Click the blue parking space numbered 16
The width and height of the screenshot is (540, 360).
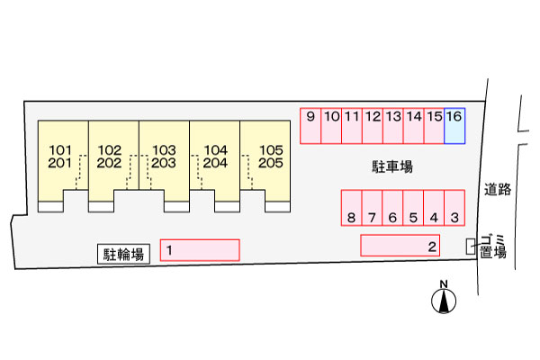point(454,126)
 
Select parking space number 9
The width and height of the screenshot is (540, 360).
point(310,126)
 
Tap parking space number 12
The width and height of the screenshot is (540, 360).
point(373,126)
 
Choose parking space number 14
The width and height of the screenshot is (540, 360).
point(413,126)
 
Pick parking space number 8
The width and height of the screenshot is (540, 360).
point(351,208)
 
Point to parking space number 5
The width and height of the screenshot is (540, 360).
point(413,208)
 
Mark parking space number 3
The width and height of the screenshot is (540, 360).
point(454,208)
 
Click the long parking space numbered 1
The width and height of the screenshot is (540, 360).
point(200,250)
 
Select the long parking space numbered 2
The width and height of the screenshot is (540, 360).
point(400,246)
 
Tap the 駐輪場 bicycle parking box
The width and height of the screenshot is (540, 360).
point(123,254)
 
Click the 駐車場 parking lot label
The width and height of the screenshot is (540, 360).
point(392,166)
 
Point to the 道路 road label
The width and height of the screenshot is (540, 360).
point(498,190)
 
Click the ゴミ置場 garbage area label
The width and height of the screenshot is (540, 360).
point(493,247)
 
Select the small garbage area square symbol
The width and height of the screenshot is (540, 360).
point(471,247)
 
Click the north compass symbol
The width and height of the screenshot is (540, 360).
point(444,298)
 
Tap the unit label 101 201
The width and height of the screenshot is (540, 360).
point(60,157)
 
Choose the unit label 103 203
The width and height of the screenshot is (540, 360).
point(164,157)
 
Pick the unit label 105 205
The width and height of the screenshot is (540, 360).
point(271,157)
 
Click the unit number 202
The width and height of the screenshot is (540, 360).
point(109,163)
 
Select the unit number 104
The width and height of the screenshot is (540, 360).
point(216,150)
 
